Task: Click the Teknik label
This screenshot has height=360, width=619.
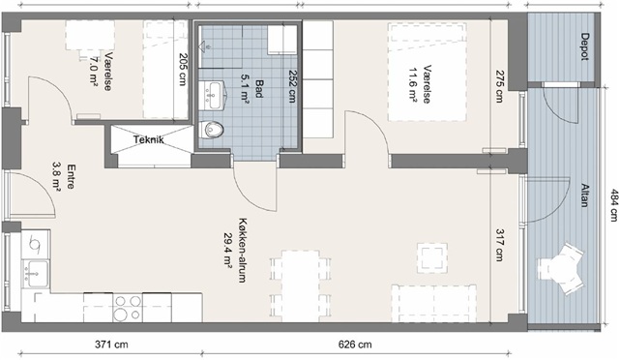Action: pos(148,139)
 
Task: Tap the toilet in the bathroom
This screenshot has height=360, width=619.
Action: pos(212,130)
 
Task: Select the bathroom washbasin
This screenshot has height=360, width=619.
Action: pos(212,95)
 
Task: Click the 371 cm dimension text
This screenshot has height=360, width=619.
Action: pos(112,345)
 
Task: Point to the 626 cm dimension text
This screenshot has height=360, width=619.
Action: pos(355,345)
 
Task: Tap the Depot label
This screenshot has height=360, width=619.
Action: pos(584,46)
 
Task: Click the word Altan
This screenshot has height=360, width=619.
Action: pos(584,195)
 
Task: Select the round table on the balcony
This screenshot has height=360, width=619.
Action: pos(561,269)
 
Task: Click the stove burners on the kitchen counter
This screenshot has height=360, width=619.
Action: pos(128,308)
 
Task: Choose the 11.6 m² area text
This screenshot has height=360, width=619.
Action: pos(413,85)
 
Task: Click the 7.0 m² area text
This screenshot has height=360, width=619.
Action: pos(95,70)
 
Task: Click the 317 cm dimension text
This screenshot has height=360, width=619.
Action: pos(500,246)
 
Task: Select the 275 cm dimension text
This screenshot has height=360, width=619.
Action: pos(500,86)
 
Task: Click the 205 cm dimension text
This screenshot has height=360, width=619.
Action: pos(182,69)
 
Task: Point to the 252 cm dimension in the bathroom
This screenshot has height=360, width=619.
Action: pos(291,86)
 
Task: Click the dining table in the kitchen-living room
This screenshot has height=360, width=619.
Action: pos(300,285)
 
